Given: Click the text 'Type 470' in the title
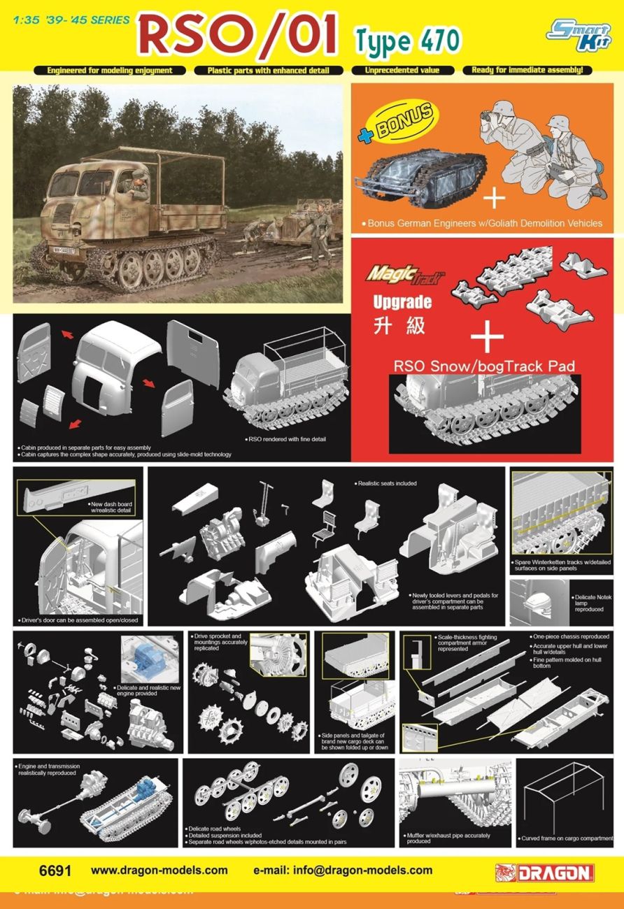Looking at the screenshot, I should tap(408, 41).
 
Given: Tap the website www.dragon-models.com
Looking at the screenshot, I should tap(159, 871).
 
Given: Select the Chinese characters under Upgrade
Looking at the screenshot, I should tap(399, 327).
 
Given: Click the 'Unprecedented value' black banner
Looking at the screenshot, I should tap(403, 70).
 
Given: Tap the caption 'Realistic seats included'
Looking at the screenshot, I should tap(385, 483).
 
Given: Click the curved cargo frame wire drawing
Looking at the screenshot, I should tap(567, 797).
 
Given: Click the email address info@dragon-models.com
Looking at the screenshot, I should tap(343, 871).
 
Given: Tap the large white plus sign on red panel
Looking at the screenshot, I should tap(487, 338).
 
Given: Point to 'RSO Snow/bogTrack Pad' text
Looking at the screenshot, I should tap(484, 366).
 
